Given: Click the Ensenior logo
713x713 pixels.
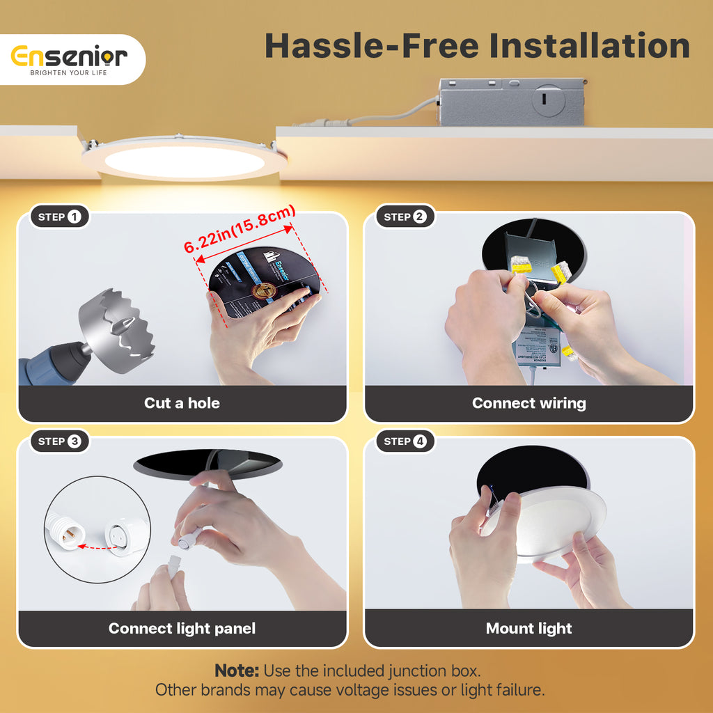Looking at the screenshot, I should coord(69,56).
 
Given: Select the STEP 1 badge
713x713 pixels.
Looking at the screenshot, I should coord(60,217).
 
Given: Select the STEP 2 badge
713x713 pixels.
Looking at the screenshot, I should coord(405,217).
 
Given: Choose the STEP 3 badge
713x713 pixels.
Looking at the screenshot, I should coord(60,441).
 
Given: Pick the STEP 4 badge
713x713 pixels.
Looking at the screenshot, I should coord(405,441).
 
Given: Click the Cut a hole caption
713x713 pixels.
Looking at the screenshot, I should coord(182,403).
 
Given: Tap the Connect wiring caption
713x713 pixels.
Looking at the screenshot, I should coord(528,403).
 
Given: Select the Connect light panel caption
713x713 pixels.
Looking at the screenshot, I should coord(182,628).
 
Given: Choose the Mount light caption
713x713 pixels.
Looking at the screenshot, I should coord(528,628).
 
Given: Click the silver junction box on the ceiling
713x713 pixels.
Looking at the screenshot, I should coord(511,102).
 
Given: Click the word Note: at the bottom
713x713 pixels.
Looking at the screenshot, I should coord(237,671).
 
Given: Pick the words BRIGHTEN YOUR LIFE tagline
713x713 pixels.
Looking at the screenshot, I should coord(68,72).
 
